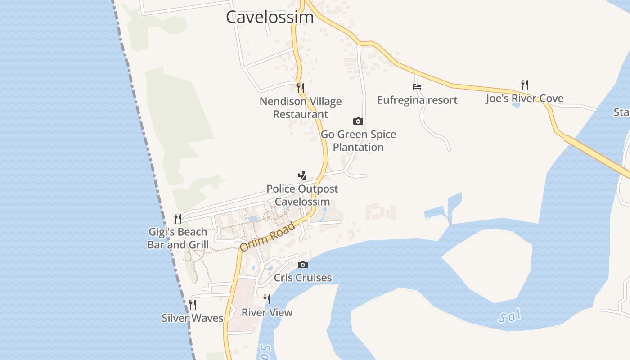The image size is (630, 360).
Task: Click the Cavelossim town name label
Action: [270, 17]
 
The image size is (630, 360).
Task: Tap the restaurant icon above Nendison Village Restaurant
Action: [301, 88]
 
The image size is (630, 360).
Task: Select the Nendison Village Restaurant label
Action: [301, 108]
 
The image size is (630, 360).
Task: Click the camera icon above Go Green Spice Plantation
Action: [358, 121]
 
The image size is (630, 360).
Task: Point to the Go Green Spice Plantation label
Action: [358, 141]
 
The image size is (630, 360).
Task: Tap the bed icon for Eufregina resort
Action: [417, 87]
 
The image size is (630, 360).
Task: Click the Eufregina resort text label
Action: [417, 100]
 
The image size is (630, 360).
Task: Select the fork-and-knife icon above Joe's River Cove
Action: [525, 85]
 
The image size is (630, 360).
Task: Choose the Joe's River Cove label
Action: [525, 99]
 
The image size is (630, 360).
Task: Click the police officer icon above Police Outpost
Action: [302, 175]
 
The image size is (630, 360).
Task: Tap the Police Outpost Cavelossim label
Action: [302, 195]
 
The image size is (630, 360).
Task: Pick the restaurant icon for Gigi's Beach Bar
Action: [178, 219]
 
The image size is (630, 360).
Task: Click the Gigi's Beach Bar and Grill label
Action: [178, 238]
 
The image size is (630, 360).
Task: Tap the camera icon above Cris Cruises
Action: [303, 265]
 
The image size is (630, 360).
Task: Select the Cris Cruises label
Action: [303, 278]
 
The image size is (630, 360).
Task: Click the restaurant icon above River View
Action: [267, 299]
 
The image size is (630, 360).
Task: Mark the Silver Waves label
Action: [193, 318]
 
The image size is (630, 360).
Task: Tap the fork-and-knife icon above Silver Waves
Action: [193, 305]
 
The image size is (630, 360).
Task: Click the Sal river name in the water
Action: [509, 316]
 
